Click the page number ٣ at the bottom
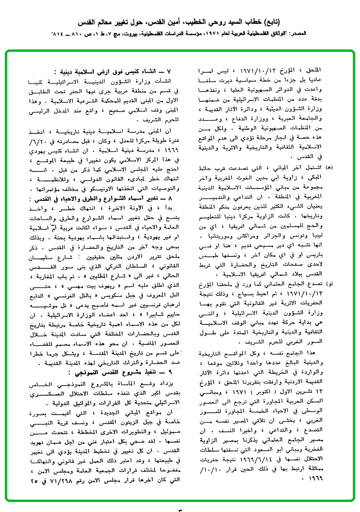[x=180, y=508]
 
